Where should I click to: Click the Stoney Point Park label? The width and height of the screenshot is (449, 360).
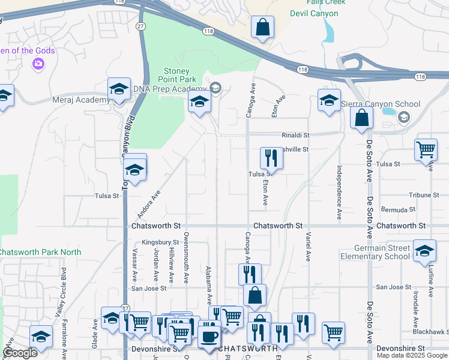pos(177,74)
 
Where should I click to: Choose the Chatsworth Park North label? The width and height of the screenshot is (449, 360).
pos(40,251)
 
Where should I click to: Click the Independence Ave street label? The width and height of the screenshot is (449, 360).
pos(339,193)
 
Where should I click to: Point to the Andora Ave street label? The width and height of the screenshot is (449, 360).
pos(149,204)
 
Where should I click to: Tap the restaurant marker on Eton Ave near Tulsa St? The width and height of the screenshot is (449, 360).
pos(271,158)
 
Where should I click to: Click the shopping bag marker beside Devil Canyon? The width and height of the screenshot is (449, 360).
pos(262,27)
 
